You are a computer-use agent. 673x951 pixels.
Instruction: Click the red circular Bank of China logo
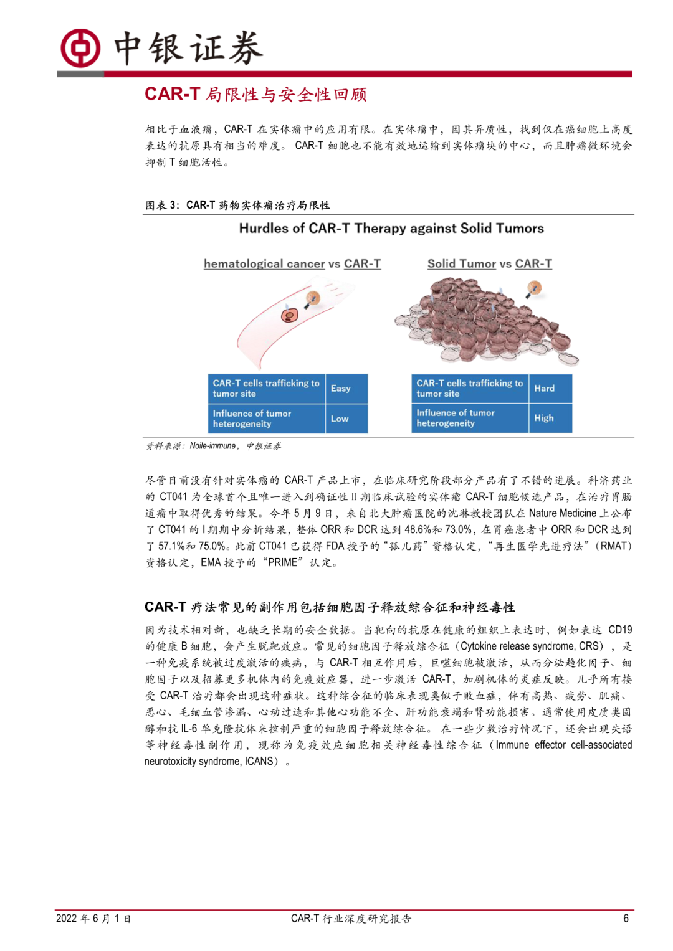80,48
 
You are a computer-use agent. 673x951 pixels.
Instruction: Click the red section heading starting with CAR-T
255,94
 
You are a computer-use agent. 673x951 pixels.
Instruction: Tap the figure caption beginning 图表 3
237,205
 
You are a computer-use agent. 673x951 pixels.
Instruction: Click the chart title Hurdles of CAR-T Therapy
391,229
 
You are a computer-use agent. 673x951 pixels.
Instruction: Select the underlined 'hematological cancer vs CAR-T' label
292,264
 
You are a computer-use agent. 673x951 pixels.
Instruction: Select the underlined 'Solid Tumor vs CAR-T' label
490,264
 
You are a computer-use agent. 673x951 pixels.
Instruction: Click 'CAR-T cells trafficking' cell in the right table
470,389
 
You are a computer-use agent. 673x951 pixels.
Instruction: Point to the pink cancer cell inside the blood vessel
289,315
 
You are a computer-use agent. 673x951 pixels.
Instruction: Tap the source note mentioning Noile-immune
214,446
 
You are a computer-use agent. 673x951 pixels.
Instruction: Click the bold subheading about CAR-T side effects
330,607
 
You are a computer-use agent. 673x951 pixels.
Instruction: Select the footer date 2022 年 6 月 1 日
93,919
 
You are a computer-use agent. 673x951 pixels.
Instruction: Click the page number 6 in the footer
626,919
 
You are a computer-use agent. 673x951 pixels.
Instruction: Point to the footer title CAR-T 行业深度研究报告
351,919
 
